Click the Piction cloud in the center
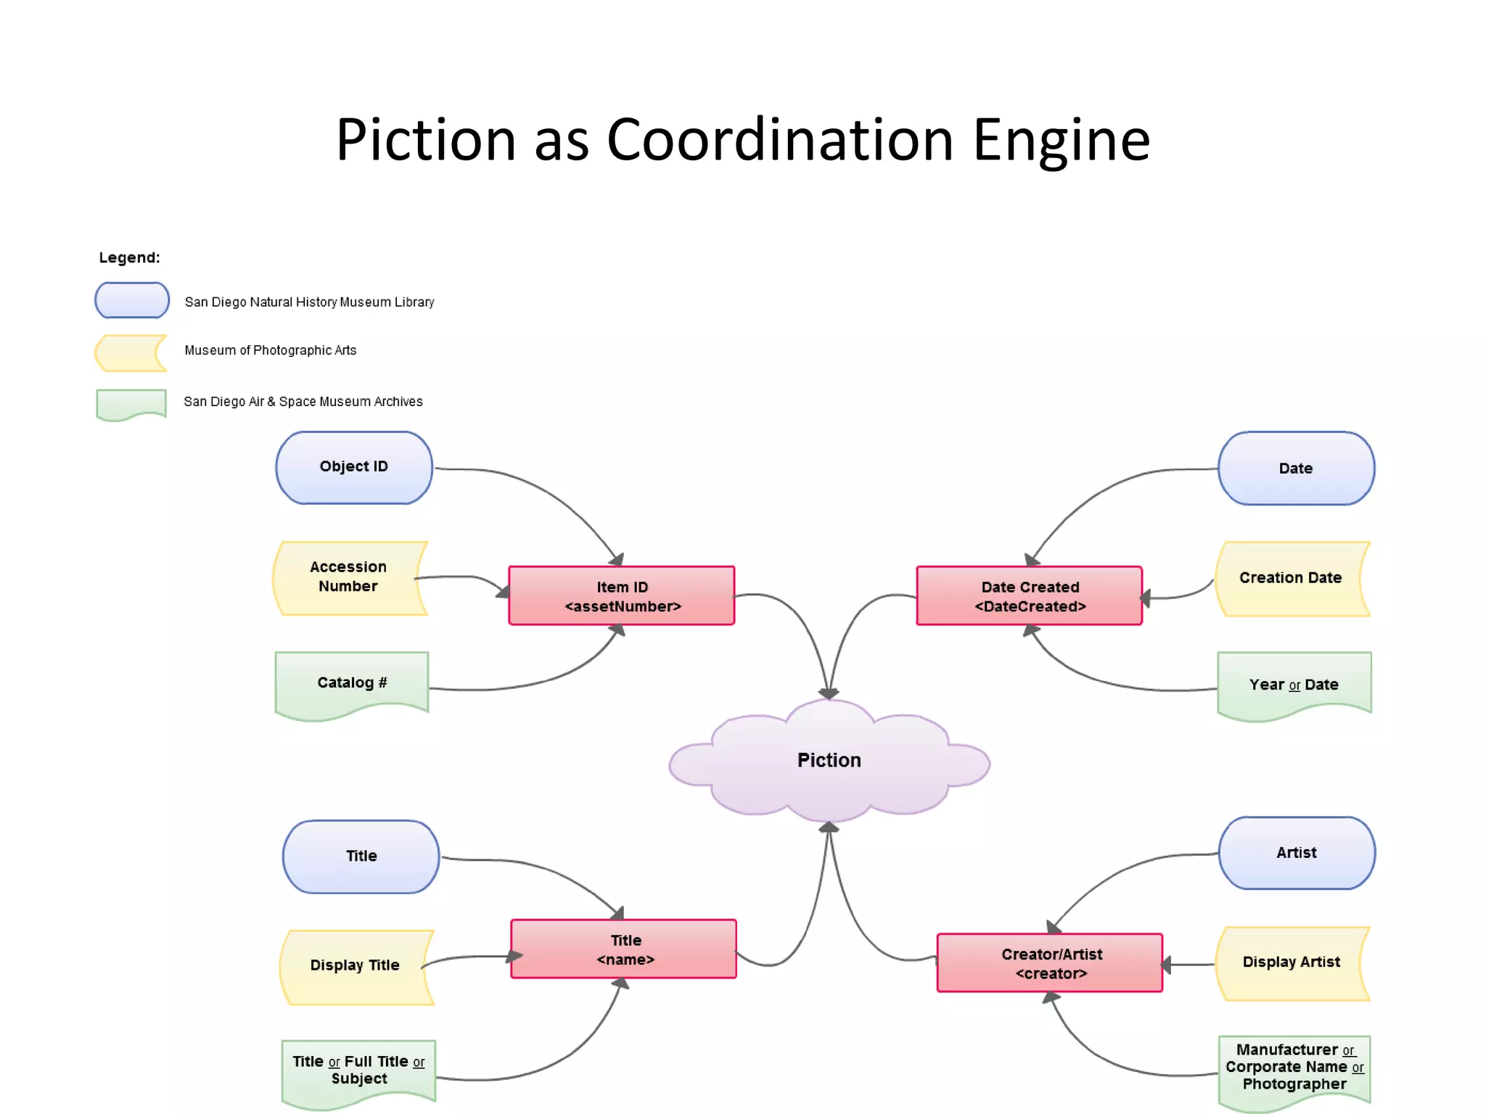click(x=829, y=761)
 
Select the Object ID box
click(x=354, y=468)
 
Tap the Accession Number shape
click(x=349, y=577)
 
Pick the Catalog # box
click(x=352, y=682)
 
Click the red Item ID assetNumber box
click(x=622, y=596)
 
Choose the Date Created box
click(x=1029, y=596)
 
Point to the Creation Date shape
click(x=1291, y=578)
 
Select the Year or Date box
click(x=1294, y=684)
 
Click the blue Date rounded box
click(x=1296, y=469)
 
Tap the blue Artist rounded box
click(x=1297, y=853)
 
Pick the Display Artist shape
click(x=1292, y=962)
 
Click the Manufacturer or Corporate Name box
click(x=1294, y=1068)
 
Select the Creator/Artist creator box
click(x=1050, y=963)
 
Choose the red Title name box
click(x=624, y=949)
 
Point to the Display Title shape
click(x=356, y=966)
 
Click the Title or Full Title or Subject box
click(x=358, y=1070)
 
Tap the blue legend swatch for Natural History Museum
click(x=132, y=300)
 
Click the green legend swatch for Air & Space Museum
click(x=131, y=403)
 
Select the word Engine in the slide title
click(x=1061, y=139)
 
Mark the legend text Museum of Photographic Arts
click(x=271, y=350)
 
